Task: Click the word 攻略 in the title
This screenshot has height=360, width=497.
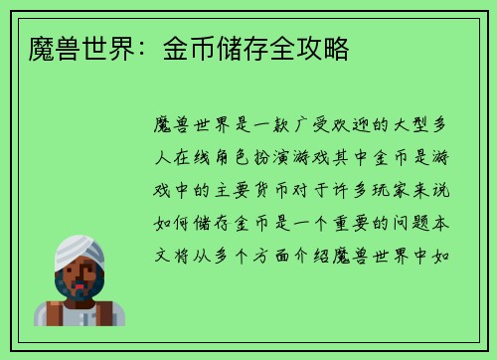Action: [x=326, y=48]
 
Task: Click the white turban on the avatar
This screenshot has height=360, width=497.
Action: [x=79, y=251]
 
